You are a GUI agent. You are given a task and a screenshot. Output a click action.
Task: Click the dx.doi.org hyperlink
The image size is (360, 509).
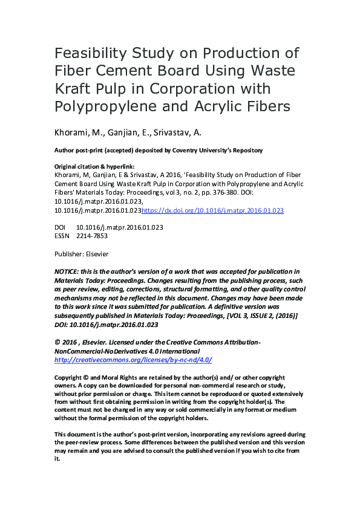pyautogui.click(x=212, y=210)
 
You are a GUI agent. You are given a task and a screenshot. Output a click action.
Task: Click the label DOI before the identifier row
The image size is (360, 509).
pyautogui.click(x=60, y=227)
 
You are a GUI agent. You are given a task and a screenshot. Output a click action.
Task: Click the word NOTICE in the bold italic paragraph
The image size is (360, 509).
pyautogui.click(x=68, y=271)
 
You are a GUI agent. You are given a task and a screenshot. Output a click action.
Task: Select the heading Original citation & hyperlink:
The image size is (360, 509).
pyautogui.click(x=94, y=166)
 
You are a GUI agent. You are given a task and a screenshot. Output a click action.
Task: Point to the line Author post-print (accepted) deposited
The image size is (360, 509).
pyautogui.click(x=159, y=149)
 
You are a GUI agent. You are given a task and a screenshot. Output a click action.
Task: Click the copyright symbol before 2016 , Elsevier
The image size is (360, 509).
pyautogui.click(x=57, y=342)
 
